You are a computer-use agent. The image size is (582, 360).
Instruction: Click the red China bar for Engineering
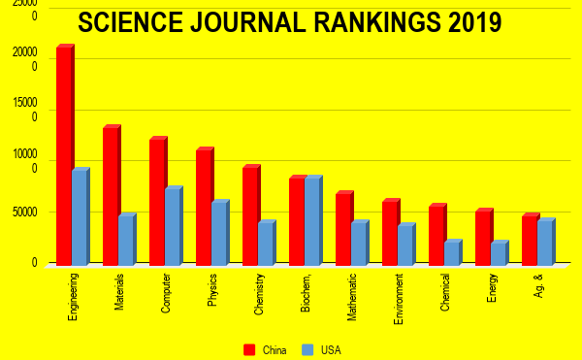point(64,155)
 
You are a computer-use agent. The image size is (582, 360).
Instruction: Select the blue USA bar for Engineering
point(80,217)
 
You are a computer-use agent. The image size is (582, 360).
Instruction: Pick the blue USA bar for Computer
point(173,227)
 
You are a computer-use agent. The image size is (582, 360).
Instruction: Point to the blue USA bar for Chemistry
point(266,244)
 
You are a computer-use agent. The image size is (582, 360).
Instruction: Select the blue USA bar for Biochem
point(312,221)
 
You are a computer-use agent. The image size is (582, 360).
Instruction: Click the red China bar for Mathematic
point(343,229)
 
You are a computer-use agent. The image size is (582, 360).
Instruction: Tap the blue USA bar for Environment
point(405,245)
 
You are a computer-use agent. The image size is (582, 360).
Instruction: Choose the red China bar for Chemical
point(436,235)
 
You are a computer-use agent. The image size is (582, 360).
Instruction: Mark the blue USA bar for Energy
point(499,253)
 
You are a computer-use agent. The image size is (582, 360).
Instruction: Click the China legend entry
point(267,349)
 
